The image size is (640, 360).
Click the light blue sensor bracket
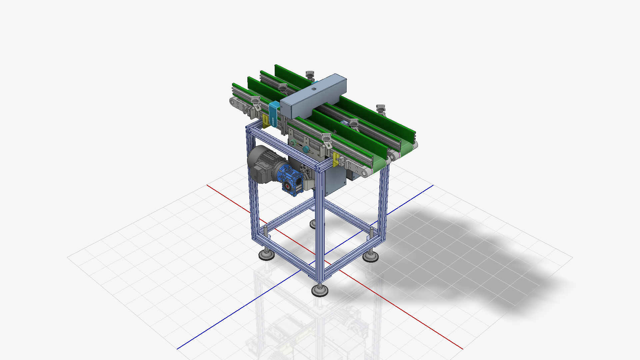tap(274, 113)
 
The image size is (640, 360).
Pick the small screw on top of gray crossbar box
tap(313, 89)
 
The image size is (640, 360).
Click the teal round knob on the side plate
tap(305, 150)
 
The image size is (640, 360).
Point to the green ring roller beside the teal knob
tap(293, 143)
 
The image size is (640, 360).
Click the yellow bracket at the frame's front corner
tap(336, 159)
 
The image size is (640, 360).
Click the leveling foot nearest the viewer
tap(320, 290)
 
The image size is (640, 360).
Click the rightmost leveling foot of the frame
tap(370, 256)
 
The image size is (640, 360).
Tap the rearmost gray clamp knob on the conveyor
tap(310, 74)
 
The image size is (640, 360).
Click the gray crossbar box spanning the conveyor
tap(313, 97)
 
